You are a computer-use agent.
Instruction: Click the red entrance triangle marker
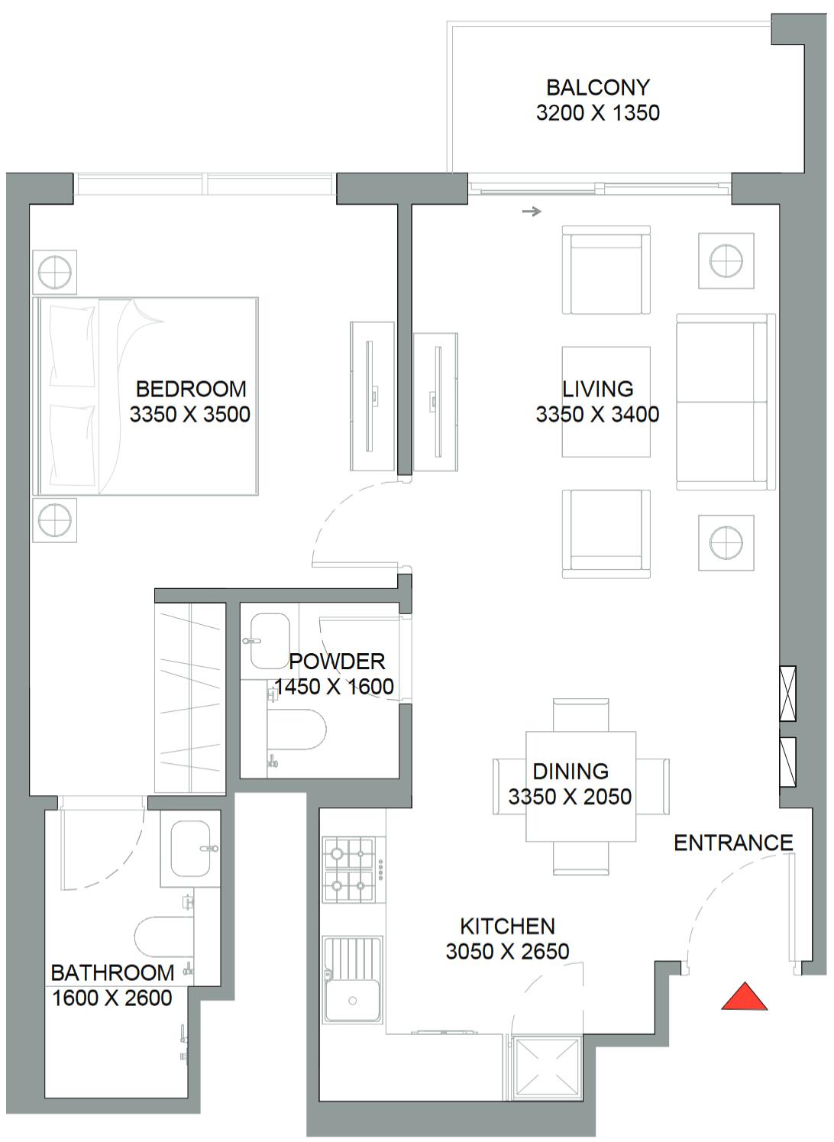click(x=744, y=997)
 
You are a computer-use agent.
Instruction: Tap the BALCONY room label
click(x=598, y=88)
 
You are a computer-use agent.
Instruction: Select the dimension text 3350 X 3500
click(x=189, y=414)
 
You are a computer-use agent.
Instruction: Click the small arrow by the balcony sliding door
click(x=532, y=211)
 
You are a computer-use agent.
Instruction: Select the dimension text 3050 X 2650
click(x=507, y=951)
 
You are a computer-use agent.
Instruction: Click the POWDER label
click(x=337, y=662)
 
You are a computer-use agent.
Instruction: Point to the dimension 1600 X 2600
click(x=112, y=998)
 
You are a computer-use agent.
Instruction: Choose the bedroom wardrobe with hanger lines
click(x=190, y=698)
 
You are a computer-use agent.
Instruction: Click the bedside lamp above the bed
click(x=54, y=272)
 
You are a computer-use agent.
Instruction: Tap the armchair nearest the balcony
click(x=606, y=270)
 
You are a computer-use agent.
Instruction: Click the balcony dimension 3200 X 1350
click(x=598, y=112)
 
